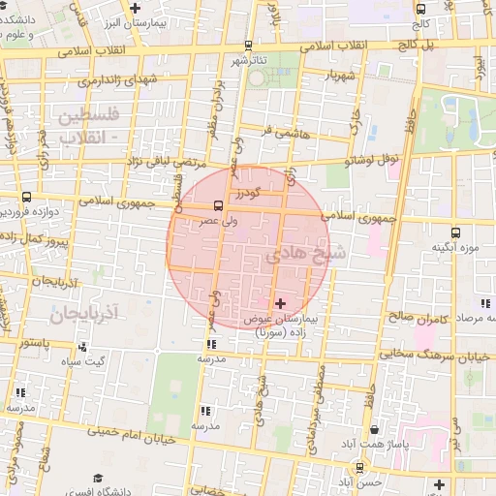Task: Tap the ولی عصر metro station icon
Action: pos(218,205)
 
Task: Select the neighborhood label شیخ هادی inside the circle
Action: pos(296,253)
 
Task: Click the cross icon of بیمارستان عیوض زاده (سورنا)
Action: pos(281,304)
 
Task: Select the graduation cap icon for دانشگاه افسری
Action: pos(97,478)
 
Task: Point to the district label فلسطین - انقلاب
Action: pos(87,126)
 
